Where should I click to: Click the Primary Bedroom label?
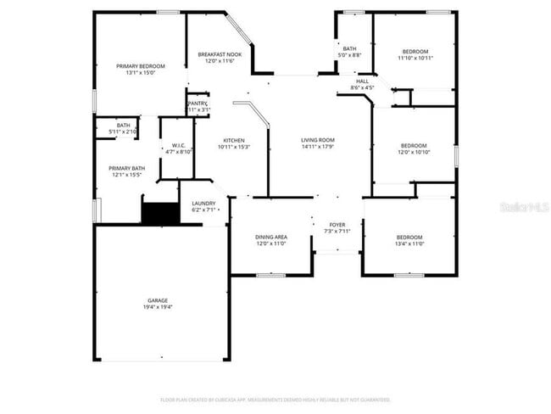coord(141,66)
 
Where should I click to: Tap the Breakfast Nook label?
coord(220,55)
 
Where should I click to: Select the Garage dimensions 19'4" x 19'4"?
coord(159,307)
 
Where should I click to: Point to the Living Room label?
coord(318,140)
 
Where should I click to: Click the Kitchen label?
coord(234,140)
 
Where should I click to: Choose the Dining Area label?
coord(271,237)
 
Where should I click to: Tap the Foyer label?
coord(337,225)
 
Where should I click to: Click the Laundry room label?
coord(203,204)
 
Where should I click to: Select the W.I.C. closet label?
coord(179,145)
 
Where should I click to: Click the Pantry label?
coord(198,103)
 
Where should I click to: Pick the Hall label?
coord(362,81)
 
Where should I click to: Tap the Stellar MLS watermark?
coord(525,206)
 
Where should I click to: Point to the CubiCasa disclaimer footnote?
coord(275,400)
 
